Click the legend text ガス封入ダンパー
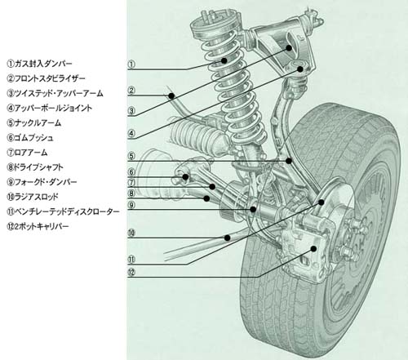[43, 64]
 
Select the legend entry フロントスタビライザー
[50, 78]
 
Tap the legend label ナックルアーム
[38, 123]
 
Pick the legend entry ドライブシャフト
[38, 167]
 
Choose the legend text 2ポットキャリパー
[42, 226]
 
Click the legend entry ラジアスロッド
[37, 197]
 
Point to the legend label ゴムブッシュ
[33, 138]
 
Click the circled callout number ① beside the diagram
[131, 64]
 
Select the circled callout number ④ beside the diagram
[131, 133]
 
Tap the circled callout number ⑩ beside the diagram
[131, 233]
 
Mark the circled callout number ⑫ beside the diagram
[131, 272]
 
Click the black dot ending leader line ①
[224, 60]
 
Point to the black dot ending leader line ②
[171, 96]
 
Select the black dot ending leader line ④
[300, 69]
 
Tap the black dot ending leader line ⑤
[289, 161]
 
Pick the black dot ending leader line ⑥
[185, 177]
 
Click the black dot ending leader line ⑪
[322, 202]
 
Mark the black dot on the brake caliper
[314, 248]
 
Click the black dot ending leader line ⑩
[228, 238]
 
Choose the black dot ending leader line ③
[289, 48]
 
